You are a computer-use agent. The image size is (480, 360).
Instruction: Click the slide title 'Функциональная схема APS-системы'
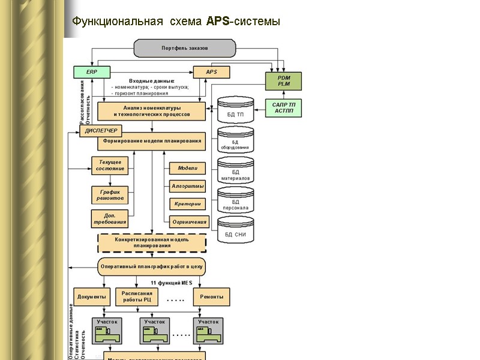176,22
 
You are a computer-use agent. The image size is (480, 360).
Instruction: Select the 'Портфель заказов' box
184,48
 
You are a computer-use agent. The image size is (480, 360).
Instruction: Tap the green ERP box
92,72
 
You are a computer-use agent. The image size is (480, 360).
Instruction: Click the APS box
211,72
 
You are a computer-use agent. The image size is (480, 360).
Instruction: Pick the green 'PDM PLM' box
283,81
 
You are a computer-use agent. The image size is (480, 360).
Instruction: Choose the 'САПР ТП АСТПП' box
283,108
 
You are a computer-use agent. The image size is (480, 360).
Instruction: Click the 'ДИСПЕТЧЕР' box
101,131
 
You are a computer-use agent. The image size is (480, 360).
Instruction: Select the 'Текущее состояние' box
110,166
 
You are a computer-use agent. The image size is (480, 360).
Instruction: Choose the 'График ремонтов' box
110,195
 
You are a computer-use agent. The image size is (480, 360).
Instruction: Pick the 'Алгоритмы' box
188,187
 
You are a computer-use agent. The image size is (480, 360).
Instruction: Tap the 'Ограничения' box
189,222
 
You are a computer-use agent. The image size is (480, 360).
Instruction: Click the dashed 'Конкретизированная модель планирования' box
152,242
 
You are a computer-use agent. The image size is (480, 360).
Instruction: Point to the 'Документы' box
92,297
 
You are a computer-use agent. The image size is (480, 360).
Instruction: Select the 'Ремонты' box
211,297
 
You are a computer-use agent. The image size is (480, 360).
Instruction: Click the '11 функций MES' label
172,282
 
